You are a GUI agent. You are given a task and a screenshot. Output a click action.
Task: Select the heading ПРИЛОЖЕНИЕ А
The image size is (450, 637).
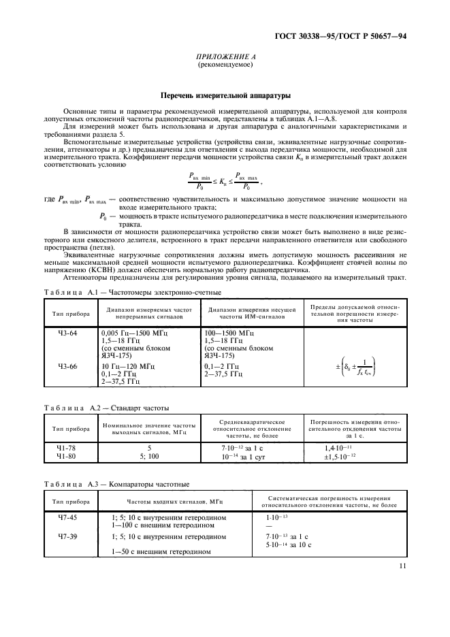point(225,58)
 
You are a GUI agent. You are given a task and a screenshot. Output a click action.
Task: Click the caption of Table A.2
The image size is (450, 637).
point(106,408)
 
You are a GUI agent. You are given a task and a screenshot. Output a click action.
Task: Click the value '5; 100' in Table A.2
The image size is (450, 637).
point(149,457)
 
